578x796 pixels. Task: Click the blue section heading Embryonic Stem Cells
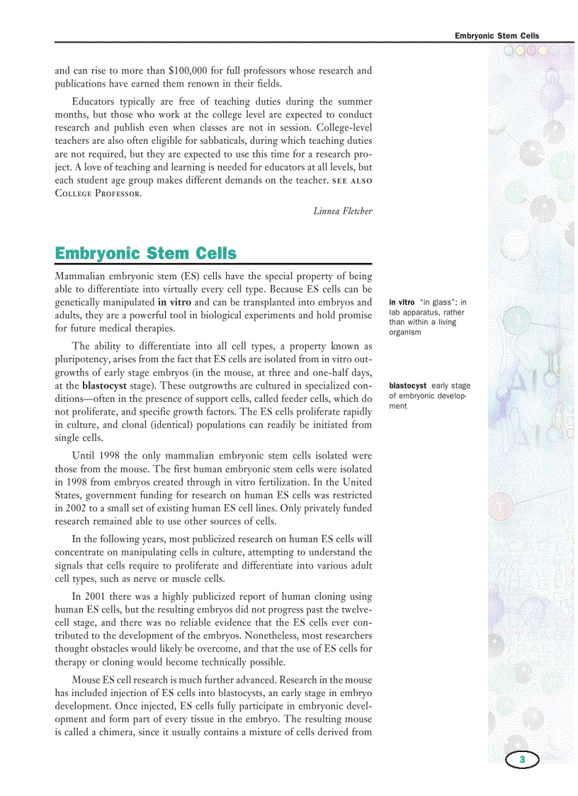[146, 253]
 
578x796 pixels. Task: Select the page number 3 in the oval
[522, 760]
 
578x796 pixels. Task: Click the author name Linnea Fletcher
[343, 211]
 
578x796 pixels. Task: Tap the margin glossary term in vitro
[402, 303]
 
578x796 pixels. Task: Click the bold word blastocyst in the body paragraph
[104, 386]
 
